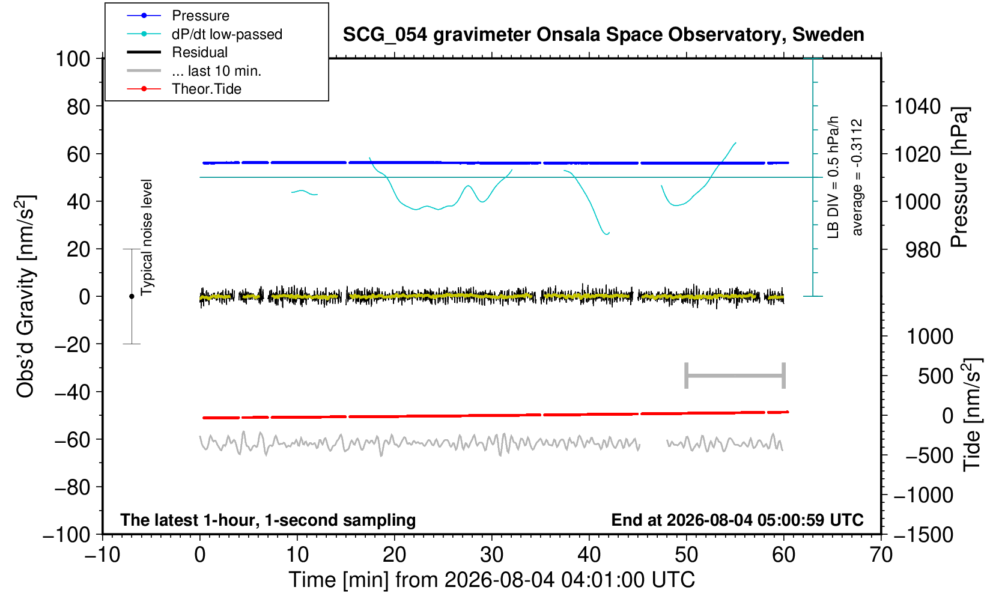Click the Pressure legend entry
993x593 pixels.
coord(178,16)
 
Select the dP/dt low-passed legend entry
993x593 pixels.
coord(204,34)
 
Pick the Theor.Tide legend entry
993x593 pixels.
coord(184,89)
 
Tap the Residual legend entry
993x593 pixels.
coord(177,52)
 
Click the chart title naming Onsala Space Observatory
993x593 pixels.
coord(603,35)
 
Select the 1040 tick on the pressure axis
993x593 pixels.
coord(917,106)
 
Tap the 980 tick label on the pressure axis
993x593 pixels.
coord(923,250)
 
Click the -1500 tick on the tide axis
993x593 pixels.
coord(923,535)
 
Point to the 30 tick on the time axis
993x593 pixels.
coord(491,555)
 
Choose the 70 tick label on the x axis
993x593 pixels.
coord(881,555)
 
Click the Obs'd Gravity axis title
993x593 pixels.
coord(25,296)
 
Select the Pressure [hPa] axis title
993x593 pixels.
coord(960,177)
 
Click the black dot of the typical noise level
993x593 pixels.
coord(132,296)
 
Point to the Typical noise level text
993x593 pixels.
coord(147,238)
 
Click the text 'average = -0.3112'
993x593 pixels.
coord(857,177)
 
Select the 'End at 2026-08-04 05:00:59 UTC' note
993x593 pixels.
coord(737,520)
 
